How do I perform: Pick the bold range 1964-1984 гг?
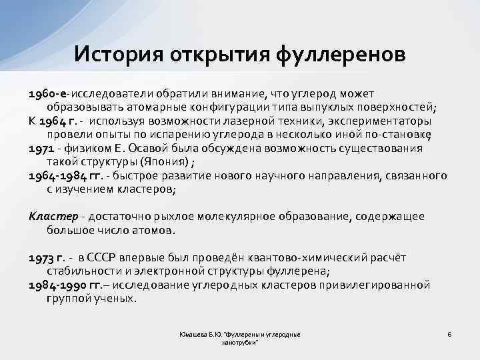pyautogui.click(x=65, y=176)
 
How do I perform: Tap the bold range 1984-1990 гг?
pyautogui.click(x=65, y=285)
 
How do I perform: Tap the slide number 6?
pyautogui.click(x=449, y=333)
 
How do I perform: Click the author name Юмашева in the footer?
pyautogui.click(x=194, y=334)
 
